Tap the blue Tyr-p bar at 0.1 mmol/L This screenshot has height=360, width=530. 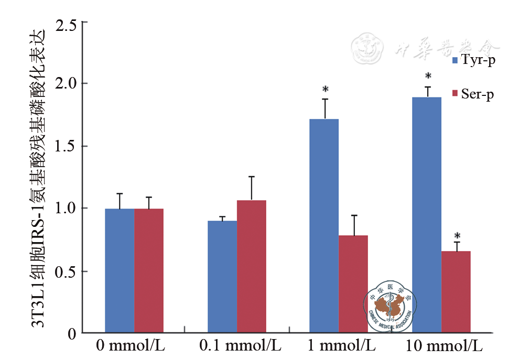[x=222, y=277]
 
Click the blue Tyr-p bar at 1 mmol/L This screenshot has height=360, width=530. [x=324, y=226]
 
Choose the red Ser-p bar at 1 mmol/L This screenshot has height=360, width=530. [x=353, y=284]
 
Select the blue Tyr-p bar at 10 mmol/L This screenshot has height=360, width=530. [x=427, y=215]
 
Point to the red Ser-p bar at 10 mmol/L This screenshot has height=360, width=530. [x=456, y=292]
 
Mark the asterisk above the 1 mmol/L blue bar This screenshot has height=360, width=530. [x=326, y=90]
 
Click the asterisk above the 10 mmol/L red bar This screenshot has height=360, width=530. [x=457, y=236]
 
